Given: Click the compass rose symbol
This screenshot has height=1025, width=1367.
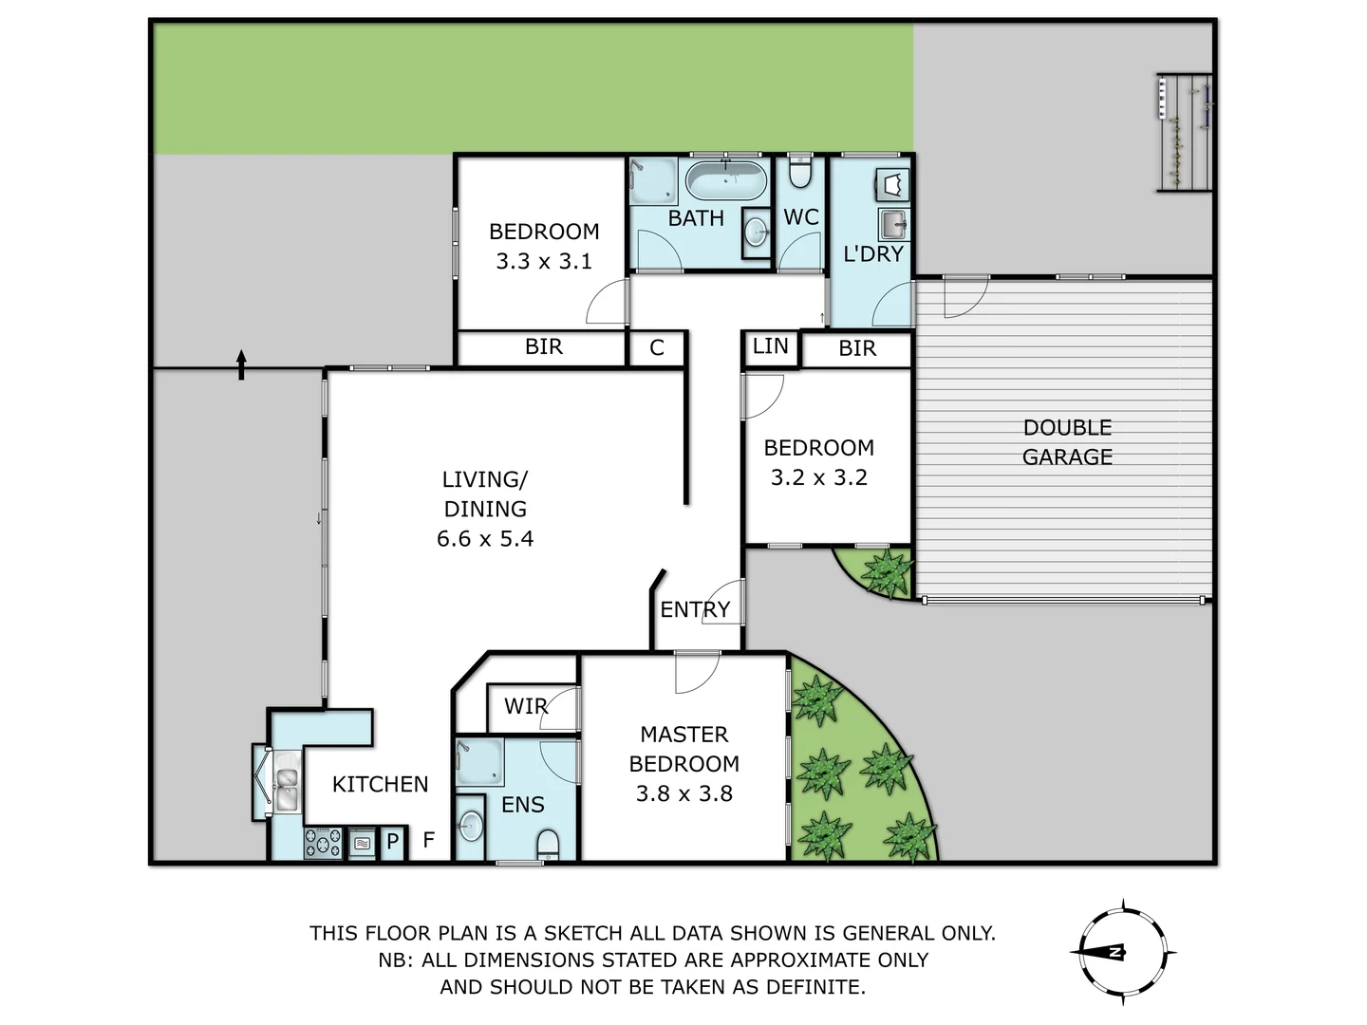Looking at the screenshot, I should coord(1123,952).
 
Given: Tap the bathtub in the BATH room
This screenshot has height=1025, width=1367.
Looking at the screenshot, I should coord(726,179).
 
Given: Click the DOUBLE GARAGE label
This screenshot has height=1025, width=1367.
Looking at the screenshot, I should coord(1067,442).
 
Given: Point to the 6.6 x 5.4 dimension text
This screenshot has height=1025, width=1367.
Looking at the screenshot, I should coord(485,539).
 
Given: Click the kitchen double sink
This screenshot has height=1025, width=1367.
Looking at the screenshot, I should coord(285,789).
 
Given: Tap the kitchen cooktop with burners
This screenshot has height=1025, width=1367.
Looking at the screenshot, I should coord(323,843).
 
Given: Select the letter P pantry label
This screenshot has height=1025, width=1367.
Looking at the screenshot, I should coord(392,842).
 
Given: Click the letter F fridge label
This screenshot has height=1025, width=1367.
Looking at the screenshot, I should coord(429,840).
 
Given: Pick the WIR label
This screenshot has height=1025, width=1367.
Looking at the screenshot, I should coord(525,706).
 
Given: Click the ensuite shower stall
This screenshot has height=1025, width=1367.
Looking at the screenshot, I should coord(479,763).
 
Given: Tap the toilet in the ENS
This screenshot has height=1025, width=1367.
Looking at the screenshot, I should coord(549,844).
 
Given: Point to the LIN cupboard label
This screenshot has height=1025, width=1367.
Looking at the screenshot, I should coord(770,346).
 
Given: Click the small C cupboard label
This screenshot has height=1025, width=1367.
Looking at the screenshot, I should coord(657,348).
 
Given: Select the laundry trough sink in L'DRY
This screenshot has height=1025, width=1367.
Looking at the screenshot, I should coord(892,225).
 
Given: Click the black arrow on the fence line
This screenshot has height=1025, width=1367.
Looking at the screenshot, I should coord(241,364).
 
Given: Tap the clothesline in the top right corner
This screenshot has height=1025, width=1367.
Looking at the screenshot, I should coord(1184,133).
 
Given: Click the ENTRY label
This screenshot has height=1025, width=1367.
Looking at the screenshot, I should coord(695,609).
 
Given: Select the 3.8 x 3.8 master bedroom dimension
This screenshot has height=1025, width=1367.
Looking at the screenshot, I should coord(683,794).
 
